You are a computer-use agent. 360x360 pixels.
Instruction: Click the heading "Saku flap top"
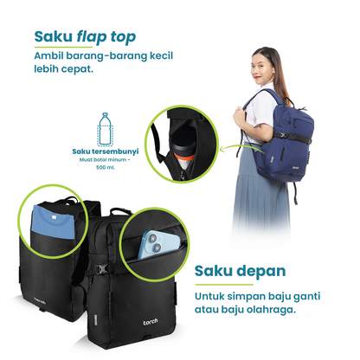coord(85,37)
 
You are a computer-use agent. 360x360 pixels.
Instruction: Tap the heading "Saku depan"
coord(240,271)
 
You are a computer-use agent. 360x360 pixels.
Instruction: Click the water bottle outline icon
coord(106,129)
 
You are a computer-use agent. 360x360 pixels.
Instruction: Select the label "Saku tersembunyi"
coord(106,151)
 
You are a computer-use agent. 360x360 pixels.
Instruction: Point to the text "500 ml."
coord(106,167)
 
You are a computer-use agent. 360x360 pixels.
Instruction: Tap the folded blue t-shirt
coord(54,222)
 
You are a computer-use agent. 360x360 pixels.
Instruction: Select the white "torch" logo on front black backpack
coord(151,322)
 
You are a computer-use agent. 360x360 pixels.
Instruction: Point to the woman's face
coord(261,68)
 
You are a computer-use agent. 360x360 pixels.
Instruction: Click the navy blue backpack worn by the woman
coord(284,138)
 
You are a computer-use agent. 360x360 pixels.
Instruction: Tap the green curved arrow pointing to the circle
coord(240,148)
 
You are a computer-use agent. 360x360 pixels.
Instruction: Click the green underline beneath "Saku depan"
coord(224,285)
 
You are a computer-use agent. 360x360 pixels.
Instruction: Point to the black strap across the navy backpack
coord(292,138)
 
